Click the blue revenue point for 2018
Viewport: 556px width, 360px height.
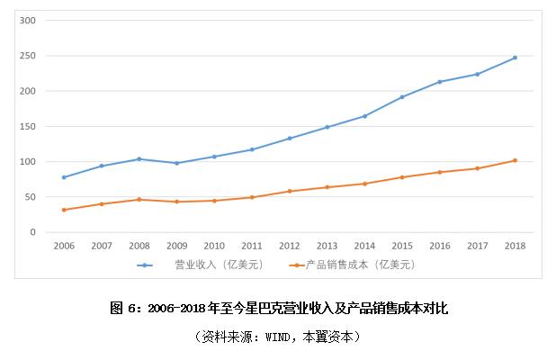point(515,58)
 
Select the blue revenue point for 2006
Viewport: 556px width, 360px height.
point(64,177)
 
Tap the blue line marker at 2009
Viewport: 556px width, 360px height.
point(176,163)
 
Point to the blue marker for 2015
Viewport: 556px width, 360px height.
point(402,96)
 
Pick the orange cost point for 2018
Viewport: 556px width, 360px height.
point(515,160)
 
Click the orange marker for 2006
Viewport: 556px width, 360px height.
point(64,210)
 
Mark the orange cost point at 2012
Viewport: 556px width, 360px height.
point(289,191)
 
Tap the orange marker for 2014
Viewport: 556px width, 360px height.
point(364,184)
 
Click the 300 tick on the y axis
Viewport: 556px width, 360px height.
point(28,21)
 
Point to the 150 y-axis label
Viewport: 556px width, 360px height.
point(28,127)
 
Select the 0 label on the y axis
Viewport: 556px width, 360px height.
point(32,232)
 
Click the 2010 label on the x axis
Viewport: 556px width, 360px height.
point(214,245)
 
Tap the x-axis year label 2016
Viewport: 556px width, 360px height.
point(439,245)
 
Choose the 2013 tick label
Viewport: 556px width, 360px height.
point(327,245)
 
